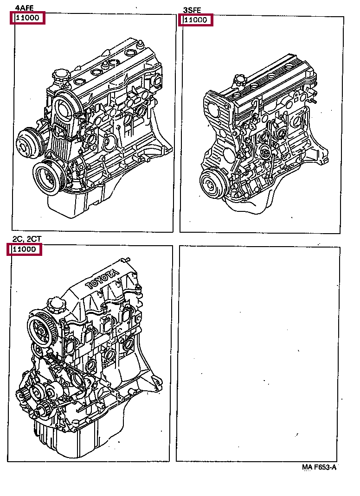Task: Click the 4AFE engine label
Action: [x=24, y=8]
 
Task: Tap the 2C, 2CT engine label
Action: [x=26, y=239]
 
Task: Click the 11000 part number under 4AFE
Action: [x=28, y=19]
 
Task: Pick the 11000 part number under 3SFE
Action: [x=196, y=20]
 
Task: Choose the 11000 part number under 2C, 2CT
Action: [x=24, y=249]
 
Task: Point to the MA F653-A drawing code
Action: [x=319, y=467]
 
